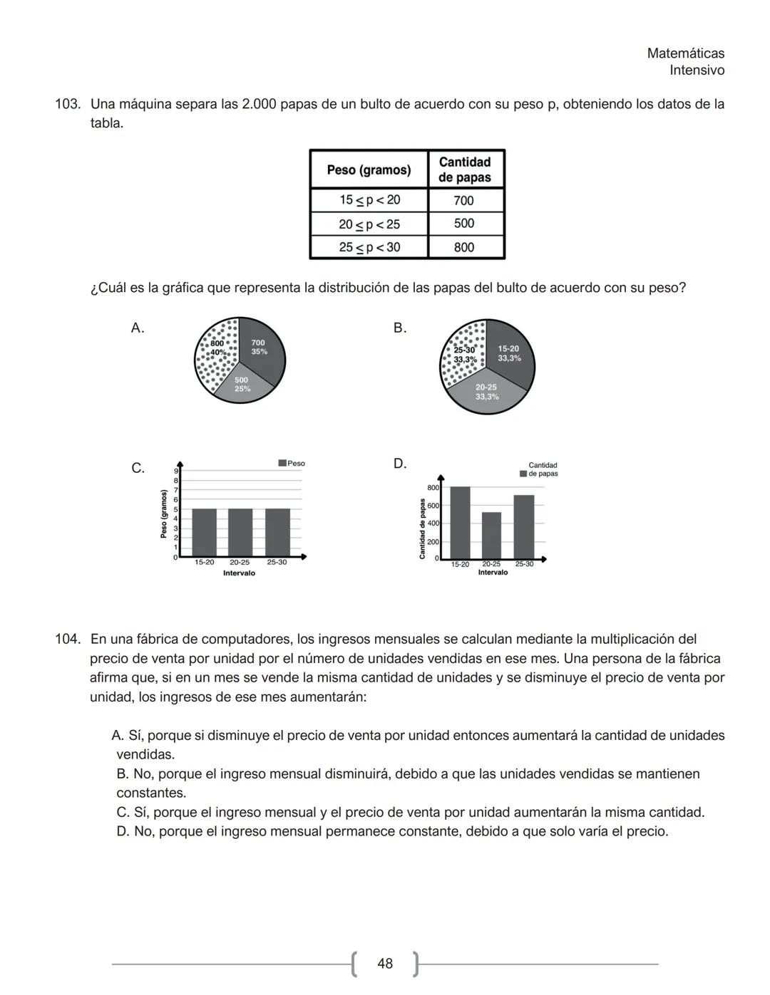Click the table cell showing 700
[x=464, y=200]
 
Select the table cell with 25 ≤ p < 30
[x=369, y=247]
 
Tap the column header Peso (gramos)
[x=369, y=170]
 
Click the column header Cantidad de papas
[x=465, y=170]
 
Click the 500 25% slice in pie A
[x=242, y=385]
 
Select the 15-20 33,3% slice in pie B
[x=509, y=353]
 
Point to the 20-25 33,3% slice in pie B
[x=487, y=392]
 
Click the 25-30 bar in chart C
[x=277, y=532]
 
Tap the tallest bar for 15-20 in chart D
[x=460, y=522]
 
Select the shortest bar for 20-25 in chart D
[x=491, y=535]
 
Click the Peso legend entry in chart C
[x=292, y=464]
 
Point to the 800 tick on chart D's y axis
[x=433, y=488]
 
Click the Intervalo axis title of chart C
[x=239, y=573]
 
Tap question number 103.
[x=67, y=104]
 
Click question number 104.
[x=67, y=639]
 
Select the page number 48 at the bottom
[x=385, y=964]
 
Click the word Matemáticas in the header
[x=685, y=53]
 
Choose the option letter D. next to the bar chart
[x=400, y=464]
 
